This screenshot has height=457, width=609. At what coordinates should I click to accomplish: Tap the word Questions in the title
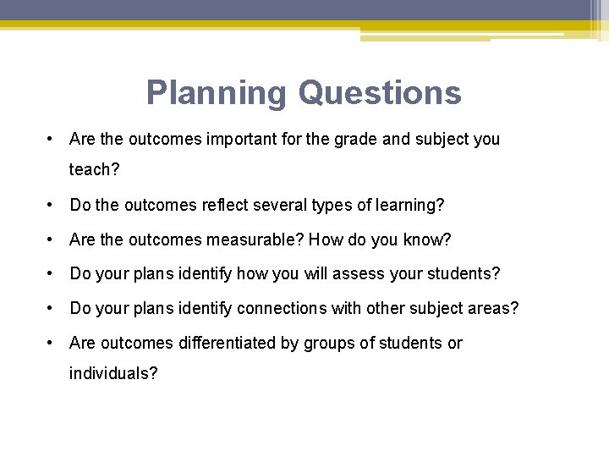[380, 92]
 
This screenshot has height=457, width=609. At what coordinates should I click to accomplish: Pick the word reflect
[239, 205]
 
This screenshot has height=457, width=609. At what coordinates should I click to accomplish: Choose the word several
[299, 205]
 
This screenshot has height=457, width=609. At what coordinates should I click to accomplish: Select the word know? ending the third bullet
[427, 240]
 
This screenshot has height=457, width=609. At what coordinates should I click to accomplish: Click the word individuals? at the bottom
[113, 373]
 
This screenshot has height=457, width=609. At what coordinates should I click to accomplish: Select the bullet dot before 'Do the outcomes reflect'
[52, 205]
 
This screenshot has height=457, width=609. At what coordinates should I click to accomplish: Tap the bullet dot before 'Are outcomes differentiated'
[52, 343]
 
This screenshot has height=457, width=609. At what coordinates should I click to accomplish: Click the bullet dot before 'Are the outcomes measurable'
[52, 240]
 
